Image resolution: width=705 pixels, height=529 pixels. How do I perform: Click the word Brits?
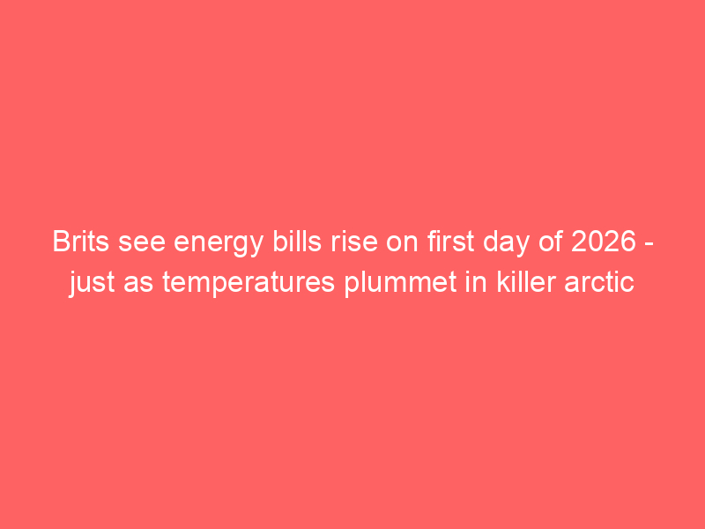pos(81,241)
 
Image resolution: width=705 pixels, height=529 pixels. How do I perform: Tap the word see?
pos(142,243)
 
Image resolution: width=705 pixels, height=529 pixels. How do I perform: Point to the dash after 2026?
pos(649,245)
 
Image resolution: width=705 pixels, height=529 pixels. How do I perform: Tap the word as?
pos(138,284)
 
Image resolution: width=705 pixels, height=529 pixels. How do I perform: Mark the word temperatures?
pos(249,284)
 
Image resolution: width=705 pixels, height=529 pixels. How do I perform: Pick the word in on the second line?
pos(476,281)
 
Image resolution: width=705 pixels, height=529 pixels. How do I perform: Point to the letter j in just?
pos(72,284)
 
